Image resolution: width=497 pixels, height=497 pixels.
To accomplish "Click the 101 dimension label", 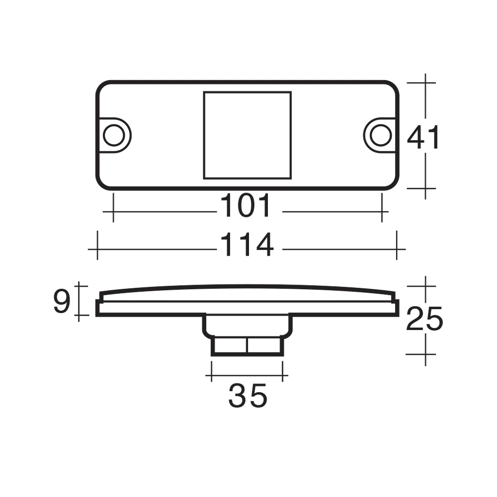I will tap(246, 206).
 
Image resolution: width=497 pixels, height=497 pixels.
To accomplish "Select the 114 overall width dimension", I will tap(247, 245).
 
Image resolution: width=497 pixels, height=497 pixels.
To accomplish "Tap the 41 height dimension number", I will tap(424, 138).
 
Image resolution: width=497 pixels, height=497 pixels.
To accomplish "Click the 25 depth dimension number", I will tap(424, 319).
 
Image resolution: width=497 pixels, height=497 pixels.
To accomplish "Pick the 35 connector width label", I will tap(248, 396).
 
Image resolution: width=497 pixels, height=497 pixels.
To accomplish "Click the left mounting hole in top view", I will tap(114, 135).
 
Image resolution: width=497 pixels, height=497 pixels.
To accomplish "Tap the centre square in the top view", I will tap(247, 134).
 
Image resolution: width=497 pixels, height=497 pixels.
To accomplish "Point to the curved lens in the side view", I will tap(248, 291).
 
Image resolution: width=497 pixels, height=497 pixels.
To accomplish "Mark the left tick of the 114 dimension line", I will tap(98, 249).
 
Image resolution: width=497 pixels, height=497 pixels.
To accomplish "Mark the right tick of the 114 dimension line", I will tap(397, 249).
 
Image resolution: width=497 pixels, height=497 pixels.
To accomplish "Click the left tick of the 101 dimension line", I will tap(113, 212).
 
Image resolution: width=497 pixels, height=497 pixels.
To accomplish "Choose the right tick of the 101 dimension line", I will tap(382, 212).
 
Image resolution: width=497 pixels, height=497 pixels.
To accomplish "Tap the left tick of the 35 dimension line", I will tap(212, 375).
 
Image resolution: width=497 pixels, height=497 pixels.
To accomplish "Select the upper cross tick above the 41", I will tap(426, 83).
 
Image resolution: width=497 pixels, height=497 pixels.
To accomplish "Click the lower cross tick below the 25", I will tap(426, 354).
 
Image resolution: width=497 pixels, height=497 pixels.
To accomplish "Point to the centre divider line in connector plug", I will tap(247, 346).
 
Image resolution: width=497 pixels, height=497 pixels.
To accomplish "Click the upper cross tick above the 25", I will tap(426, 286).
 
